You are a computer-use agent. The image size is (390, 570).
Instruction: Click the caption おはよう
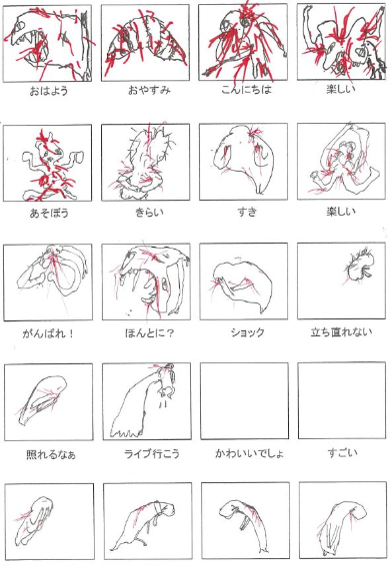click(x=49, y=90)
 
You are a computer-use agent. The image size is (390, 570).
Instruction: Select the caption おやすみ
click(x=149, y=90)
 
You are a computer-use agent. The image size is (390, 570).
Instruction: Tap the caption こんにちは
click(x=247, y=90)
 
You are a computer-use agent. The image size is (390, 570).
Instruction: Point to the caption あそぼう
click(x=49, y=213)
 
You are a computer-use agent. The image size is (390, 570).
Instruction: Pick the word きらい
click(x=149, y=212)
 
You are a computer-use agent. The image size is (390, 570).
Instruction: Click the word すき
click(x=247, y=212)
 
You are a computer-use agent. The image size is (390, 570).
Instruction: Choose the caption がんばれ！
click(x=48, y=333)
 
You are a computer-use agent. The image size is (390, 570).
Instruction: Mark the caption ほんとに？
click(x=149, y=332)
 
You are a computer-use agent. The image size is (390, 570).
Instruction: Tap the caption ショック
click(x=247, y=332)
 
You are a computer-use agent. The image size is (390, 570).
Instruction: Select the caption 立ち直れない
click(x=341, y=331)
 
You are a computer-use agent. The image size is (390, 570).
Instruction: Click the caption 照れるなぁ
click(x=51, y=454)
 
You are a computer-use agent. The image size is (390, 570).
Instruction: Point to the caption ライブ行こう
click(x=152, y=453)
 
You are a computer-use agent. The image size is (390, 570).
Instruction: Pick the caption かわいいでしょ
click(x=249, y=453)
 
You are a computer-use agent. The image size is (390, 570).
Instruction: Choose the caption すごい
click(x=342, y=452)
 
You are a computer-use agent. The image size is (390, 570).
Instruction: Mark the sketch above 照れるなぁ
click(x=42, y=400)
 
